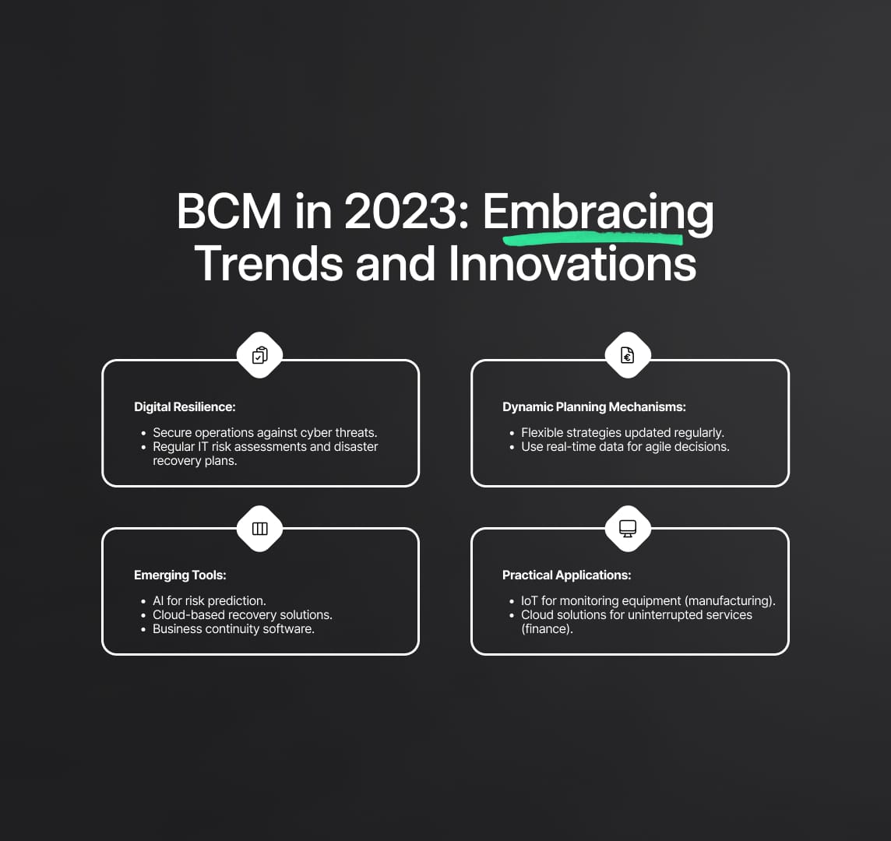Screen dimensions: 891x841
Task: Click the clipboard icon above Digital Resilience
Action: [x=259, y=355]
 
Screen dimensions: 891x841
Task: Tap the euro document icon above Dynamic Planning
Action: [x=627, y=355]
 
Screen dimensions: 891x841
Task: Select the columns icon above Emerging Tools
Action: [x=259, y=529]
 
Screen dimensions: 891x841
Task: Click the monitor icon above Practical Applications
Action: [x=627, y=529]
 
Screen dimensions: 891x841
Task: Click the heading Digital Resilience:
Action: [x=185, y=406]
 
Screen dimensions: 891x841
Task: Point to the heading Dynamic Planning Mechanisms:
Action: [x=593, y=406]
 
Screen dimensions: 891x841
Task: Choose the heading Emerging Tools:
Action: [x=180, y=575]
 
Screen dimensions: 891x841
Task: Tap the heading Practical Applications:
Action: [x=566, y=575]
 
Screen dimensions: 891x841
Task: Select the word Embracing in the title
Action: [x=598, y=213]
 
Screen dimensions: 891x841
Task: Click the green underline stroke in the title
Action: [x=593, y=238]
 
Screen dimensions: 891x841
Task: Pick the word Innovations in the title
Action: [x=572, y=264]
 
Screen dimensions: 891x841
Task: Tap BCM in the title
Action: [x=229, y=211]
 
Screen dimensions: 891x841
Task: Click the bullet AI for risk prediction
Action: [x=209, y=600]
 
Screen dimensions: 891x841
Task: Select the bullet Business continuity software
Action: [x=234, y=629]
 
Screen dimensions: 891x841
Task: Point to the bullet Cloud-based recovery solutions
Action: [x=242, y=615]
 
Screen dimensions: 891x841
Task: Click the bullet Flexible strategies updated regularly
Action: [x=622, y=433]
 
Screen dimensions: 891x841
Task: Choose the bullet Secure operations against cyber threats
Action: [x=265, y=433]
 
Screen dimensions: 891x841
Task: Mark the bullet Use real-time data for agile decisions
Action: [x=625, y=447]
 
